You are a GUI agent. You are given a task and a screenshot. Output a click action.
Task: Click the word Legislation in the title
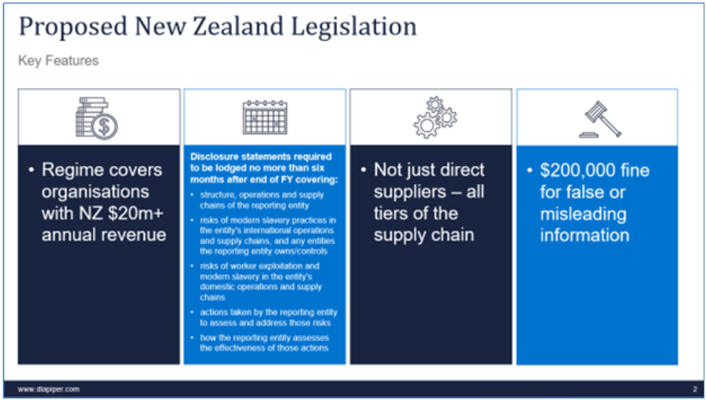tap(354, 27)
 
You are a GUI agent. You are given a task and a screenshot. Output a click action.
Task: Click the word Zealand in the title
tap(239, 26)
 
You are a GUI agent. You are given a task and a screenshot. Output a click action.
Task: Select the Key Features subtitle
tap(59, 61)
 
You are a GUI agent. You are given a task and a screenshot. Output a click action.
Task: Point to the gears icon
tap(435, 117)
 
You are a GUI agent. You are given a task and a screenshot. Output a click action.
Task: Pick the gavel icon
tap(600, 119)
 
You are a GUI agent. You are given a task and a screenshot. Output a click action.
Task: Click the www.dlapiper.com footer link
tap(49, 389)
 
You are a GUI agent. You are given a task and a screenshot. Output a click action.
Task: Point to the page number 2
tap(695, 389)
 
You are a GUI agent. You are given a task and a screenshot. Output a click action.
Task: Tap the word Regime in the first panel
tap(71, 171)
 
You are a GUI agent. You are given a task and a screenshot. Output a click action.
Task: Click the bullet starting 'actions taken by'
tap(268, 318)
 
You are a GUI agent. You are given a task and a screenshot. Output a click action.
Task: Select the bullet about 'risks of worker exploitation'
tap(261, 282)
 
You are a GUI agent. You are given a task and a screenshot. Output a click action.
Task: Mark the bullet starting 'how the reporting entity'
tap(264, 343)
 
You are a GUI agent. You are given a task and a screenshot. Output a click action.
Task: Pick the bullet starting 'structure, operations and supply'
tap(262, 200)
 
